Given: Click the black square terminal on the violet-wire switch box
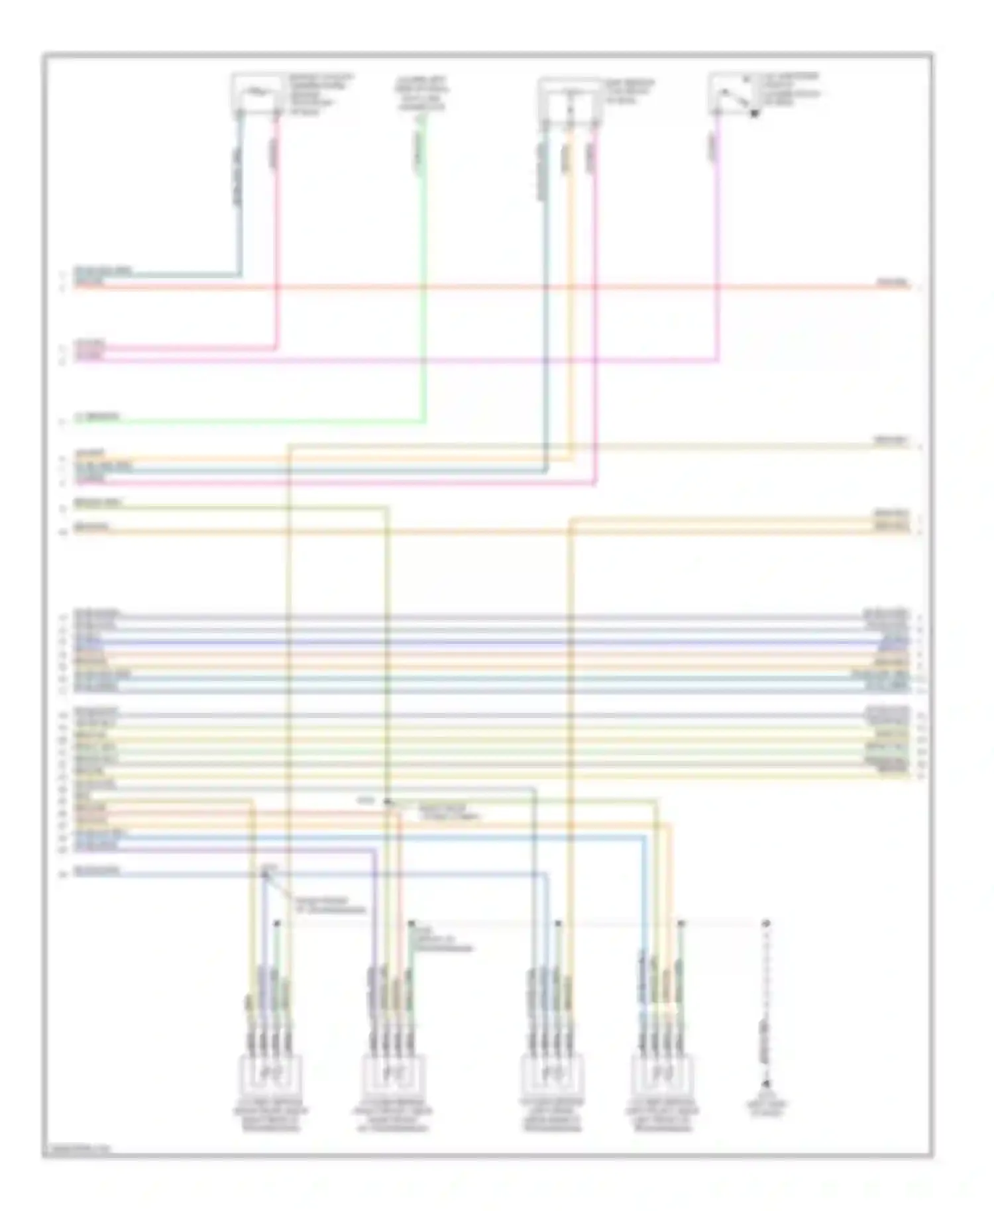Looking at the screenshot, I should pos(753,114).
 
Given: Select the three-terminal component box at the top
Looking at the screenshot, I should pos(570,100).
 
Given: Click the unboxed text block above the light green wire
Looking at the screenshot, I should pos(422,92).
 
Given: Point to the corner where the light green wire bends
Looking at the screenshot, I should pos(424,421).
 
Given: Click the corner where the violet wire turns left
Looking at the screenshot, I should pos(718,361).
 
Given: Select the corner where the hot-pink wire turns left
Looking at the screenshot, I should pos(277,348).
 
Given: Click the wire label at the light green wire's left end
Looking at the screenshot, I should pos(97,417).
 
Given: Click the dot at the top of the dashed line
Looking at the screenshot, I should pos(766,923).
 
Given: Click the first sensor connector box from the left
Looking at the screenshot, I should pos(270,1075).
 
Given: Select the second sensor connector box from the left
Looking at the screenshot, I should pos(392,1075).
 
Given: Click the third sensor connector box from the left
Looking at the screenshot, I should pos(552,1075).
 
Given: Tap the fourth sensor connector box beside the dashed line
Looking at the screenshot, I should pos(661,1075).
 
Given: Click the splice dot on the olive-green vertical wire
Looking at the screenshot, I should pos(388,802).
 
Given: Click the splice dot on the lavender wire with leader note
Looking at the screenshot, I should pos(265,874).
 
